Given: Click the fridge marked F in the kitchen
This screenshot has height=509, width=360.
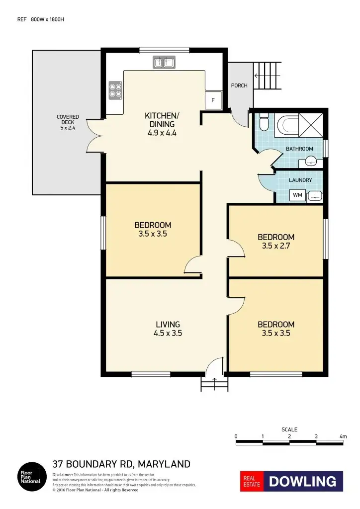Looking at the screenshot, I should [x=213, y=100].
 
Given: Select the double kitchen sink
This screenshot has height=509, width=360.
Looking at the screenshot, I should [x=164, y=62].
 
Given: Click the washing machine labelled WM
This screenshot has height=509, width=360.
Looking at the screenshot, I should [x=297, y=195].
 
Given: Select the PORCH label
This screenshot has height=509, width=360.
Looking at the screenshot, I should [x=239, y=85].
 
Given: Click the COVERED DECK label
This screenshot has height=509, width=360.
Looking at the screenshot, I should [x=67, y=122].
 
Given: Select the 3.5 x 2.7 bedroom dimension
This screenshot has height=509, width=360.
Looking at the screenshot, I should [x=275, y=246].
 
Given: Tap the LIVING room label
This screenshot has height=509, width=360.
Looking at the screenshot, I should [x=168, y=325].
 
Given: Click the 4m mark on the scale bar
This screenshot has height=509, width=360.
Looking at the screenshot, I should [x=343, y=436].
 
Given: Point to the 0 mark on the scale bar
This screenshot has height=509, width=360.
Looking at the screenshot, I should [x=236, y=436].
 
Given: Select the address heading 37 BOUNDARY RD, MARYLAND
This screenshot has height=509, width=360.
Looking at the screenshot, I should [x=121, y=464].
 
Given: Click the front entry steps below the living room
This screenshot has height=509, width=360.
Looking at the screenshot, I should [x=214, y=383].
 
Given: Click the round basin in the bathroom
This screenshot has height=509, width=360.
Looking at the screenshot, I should [x=310, y=161].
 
